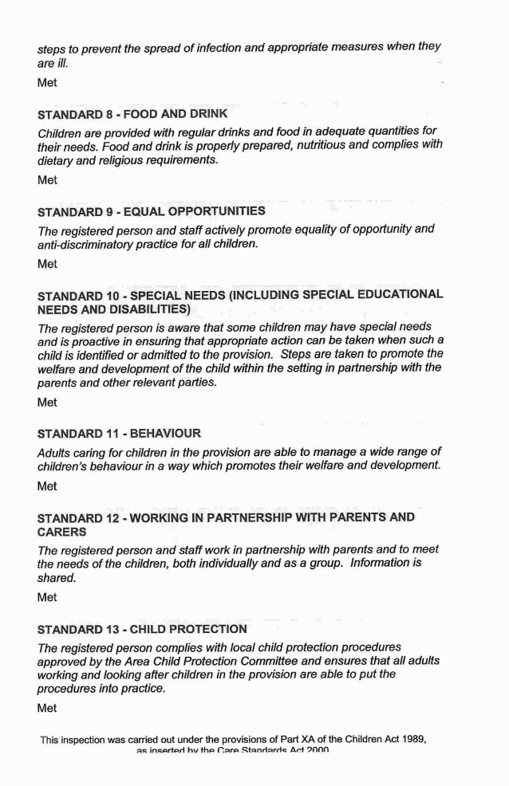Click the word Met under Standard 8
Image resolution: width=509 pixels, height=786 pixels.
pos(47,180)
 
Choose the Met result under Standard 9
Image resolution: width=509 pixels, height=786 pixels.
pos(47,264)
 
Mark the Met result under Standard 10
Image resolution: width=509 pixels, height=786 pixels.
pos(47,403)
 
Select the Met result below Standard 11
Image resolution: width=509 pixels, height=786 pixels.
pos(47,485)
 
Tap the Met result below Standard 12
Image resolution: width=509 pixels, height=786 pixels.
pos(47,599)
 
